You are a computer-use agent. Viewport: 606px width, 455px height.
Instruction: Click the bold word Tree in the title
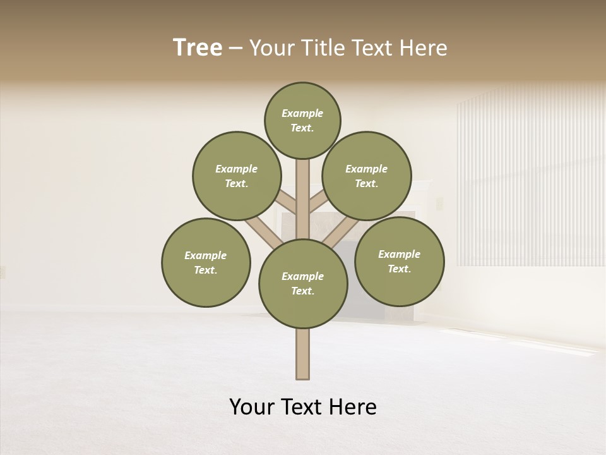198,47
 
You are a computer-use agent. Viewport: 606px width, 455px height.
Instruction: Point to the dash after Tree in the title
235,49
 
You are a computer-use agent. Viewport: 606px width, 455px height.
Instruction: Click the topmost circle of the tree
302,121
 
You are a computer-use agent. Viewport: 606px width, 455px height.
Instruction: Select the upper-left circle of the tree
237,176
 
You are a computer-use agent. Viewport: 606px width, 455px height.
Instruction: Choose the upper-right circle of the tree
367,176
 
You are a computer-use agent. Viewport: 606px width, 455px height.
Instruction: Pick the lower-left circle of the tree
206,263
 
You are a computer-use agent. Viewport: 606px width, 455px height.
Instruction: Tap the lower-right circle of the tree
399,262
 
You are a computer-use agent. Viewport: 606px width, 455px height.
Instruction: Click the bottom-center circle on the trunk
303,284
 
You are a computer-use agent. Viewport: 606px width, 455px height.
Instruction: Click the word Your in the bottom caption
251,407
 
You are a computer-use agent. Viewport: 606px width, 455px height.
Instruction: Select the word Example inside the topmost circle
302,113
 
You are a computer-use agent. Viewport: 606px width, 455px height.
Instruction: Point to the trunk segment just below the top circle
303,190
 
